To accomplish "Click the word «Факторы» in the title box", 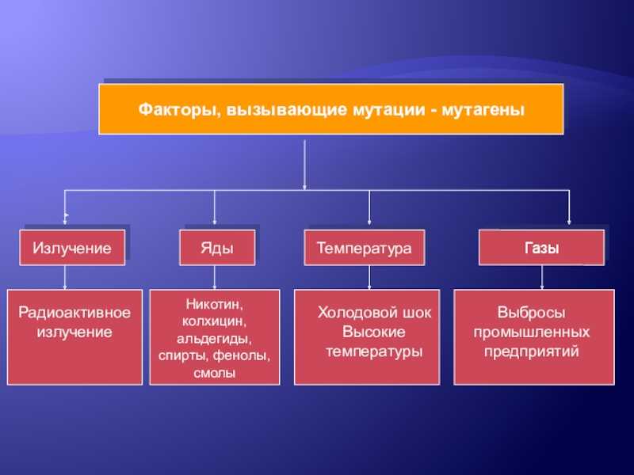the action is pyautogui.click(x=174, y=109).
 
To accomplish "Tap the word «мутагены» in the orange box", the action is pyautogui.click(x=483, y=109).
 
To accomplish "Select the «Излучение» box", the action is pyautogui.click(x=71, y=248).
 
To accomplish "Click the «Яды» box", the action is pyautogui.click(x=218, y=248).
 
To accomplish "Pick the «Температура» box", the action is pyautogui.click(x=365, y=248).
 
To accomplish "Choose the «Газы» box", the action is pyautogui.click(x=541, y=248).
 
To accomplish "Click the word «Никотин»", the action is pyautogui.click(x=215, y=304).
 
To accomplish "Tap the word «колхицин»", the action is pyautogui.click(x=215, y=321).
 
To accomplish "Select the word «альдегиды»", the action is pyautogui.click(x=214, y=338).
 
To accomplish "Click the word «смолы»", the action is pyautogui.click(x=215, y=372).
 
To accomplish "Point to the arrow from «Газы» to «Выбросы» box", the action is pyautogui.click(x=542, y=277).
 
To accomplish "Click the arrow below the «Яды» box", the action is pyautogui.click(x=215, y=277).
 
